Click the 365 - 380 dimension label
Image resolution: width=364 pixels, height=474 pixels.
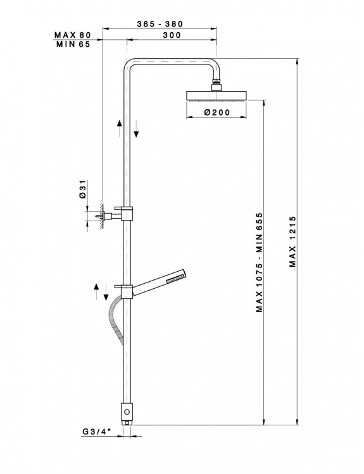pyautogui.click(x=160, y=24)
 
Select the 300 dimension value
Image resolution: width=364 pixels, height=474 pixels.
pyautogui.click(x=172, y=35)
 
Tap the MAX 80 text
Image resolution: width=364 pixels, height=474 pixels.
pyautogui.click(x=72, y=35)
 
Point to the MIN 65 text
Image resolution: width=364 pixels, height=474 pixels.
pyautogui.click(x=73, y=44)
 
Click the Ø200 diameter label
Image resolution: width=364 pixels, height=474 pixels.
pyautogui.click(x=217, y=112)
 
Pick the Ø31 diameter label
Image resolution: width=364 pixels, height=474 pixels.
pyautogui.click(x=83, y=189)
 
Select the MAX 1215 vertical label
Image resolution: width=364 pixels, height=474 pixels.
pyautogui.click(x=292, y=241)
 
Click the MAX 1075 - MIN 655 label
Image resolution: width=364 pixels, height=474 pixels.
pyautogui.click(x=260, y=262)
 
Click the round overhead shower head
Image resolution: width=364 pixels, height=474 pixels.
pyautogui.click(x=217, y=95)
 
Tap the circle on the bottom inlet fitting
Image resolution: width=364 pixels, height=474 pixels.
pyautogui.click(x=127, y=411)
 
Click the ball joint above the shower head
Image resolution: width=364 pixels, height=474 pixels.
pyautogui.click(x=216, y=85)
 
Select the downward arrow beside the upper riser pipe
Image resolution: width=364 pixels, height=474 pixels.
pyautogui.click(x=136, y=129)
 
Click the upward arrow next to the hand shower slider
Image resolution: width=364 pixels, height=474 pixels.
pyautogui.click(x=96, y=291)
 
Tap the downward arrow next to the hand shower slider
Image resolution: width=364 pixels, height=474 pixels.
pyautogui.click(x=106, y=292)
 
